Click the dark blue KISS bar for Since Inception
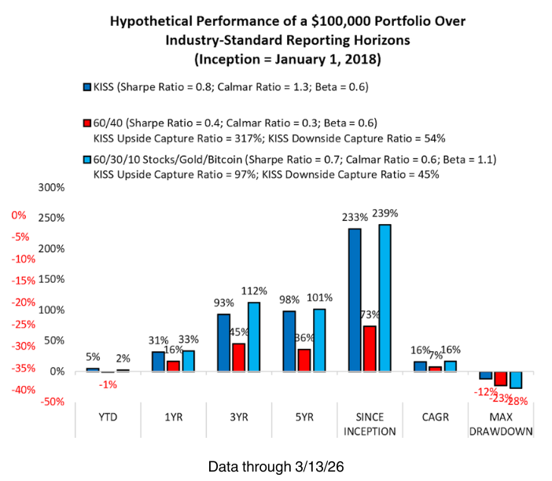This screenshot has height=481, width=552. (x=355, y=299)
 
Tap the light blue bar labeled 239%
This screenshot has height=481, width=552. (x=385, y=297)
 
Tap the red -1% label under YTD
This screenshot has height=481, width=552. (x=108, y=384)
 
